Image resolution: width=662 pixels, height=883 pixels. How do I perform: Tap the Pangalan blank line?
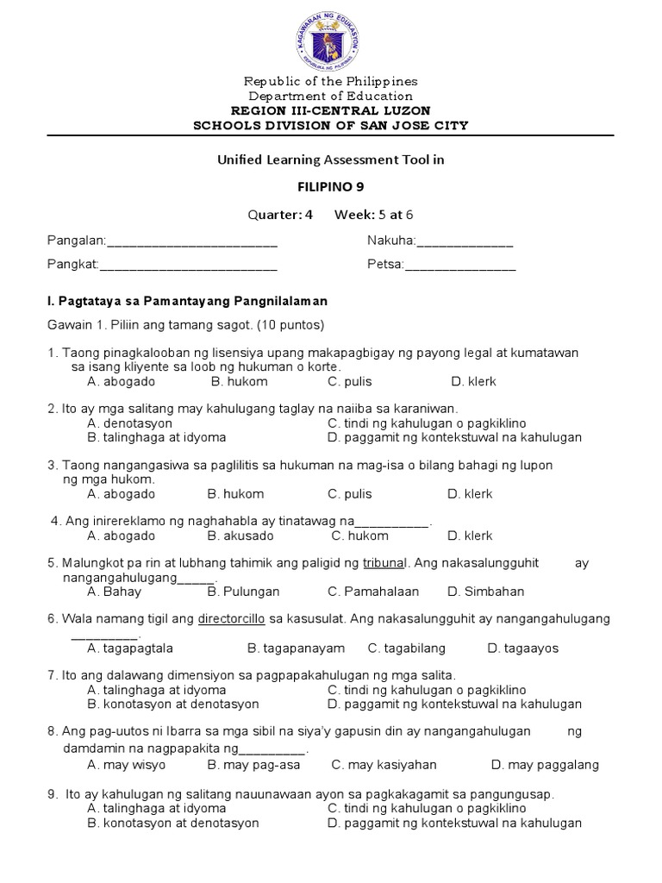click(x=190, y=242)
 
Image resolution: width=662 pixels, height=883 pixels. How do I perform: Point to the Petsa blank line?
click(x=460, y=266)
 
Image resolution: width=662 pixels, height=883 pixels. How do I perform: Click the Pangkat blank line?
click(x=189, y=266)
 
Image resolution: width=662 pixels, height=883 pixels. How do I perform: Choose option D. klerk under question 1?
click(x=473, y=381)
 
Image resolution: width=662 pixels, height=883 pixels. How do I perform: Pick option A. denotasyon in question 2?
click(x=130, y=423)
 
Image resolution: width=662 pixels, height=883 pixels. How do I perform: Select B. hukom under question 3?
click(x=235, y=494)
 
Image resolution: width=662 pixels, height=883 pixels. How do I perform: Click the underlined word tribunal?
click(x=384, y=563)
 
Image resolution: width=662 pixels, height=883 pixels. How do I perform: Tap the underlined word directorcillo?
click(x=232, y=619)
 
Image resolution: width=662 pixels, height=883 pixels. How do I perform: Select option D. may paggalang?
click(x=545, y=764)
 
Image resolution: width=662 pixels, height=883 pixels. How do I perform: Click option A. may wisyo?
click(x=127, y=764)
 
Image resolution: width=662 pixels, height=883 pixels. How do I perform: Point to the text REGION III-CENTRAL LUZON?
click(x=331, y=111)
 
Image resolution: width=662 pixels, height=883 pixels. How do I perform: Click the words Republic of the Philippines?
click(x=331, y=82)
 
